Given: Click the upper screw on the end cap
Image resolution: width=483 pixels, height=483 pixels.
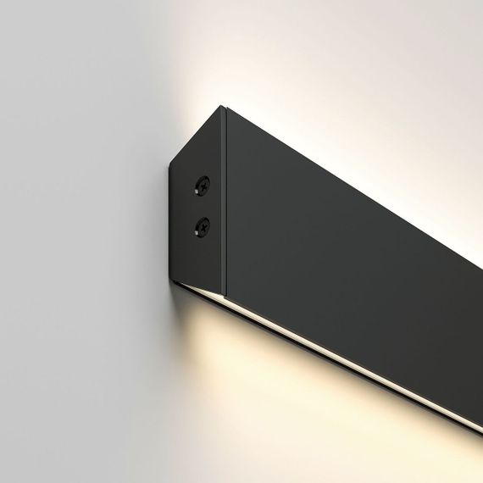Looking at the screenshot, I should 203,184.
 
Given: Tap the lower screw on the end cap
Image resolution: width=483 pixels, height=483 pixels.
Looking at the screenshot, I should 203,225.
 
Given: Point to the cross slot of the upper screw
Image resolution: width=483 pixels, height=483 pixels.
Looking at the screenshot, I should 203,184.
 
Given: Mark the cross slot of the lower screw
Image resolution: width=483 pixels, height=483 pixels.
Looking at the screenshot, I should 203,225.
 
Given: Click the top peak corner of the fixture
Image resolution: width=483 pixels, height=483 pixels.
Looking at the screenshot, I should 222,107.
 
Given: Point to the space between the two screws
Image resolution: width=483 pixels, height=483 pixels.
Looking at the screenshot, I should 203,205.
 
